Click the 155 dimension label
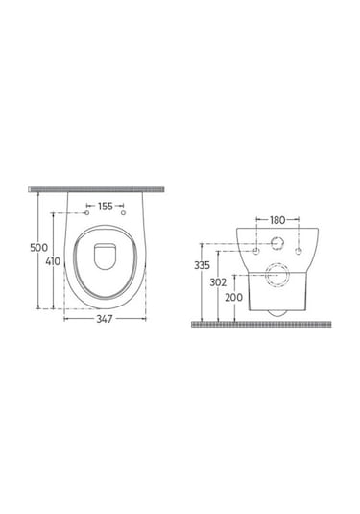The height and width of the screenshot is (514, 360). coord(106,206)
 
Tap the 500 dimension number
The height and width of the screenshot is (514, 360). coord(39,247)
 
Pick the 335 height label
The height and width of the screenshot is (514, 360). coord(203,263)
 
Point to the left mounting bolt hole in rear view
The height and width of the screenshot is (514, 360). coord(255,251)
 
